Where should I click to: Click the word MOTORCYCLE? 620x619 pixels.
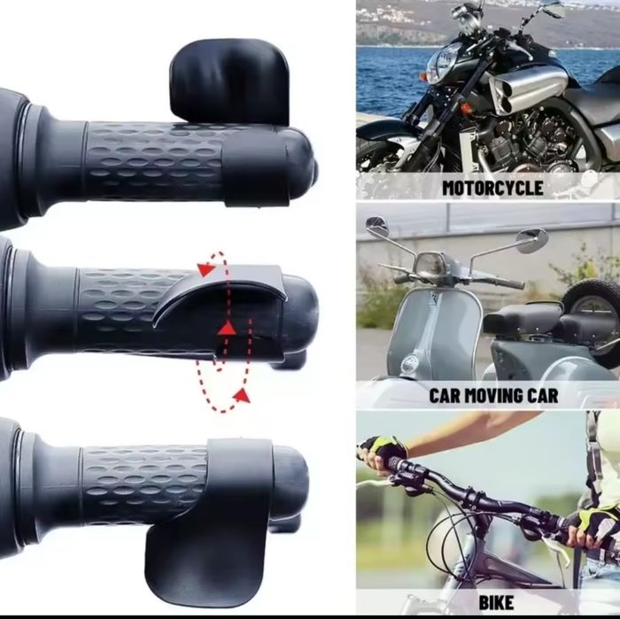pos(492,188)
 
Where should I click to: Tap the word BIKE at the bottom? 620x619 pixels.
pos(496,602)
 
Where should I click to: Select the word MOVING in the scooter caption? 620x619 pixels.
pos(494,395)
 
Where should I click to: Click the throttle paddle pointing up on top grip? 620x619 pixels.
pos(229,81)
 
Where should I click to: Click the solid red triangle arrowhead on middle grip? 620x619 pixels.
pos(228,329)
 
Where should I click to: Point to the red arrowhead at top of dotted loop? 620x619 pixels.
pos(206,269)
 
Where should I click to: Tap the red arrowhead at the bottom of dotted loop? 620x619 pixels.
pos(242,395)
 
